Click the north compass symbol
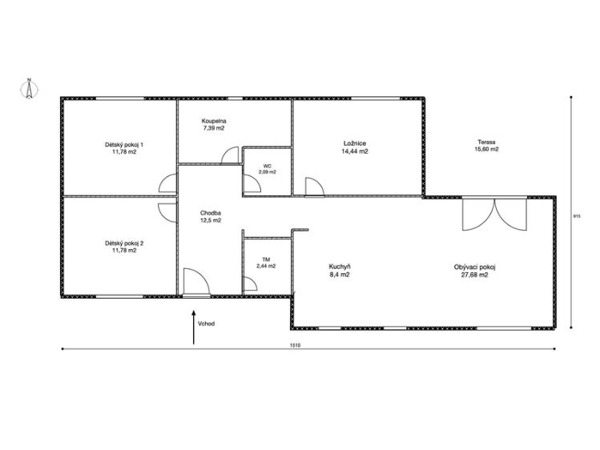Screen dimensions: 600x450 pos(29,89)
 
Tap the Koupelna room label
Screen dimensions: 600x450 pos(214,121)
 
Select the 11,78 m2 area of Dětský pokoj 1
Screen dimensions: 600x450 pos(124,152)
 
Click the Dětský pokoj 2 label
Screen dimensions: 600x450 pos(124,243)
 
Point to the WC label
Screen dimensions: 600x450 pos(267,166)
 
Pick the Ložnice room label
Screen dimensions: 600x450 pos(355,143)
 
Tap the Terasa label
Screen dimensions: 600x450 pos(486,142)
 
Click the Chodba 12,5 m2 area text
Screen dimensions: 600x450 pos(211,220)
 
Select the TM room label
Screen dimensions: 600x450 pos(266,259)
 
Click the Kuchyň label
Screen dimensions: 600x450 pos(340,267)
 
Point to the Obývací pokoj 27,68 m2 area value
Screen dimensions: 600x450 pos(475,275)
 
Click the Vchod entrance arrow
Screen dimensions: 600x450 pos(194,327)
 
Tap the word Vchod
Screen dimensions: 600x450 pos(206,323)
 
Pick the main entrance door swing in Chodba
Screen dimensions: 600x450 pos(196,282)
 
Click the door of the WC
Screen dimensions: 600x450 pos(252,184)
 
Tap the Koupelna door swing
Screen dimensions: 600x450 pos(231,155)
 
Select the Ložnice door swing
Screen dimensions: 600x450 pos(314,187)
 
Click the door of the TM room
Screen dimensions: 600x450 pos(251,284)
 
